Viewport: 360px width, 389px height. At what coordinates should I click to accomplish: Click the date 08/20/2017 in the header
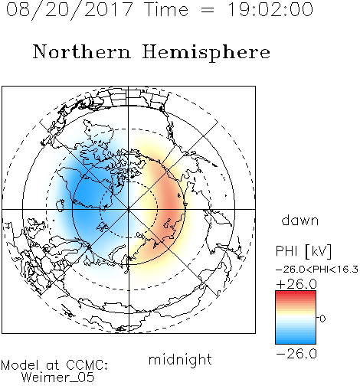point(70,10)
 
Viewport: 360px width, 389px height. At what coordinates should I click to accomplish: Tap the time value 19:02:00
point(270,10)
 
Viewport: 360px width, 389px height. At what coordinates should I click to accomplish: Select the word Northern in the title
point(82,52)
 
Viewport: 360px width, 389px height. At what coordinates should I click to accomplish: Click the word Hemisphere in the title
point(206,52)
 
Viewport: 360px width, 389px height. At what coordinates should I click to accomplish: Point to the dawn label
point(300,220)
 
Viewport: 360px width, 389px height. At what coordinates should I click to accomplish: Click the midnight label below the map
point(180,360)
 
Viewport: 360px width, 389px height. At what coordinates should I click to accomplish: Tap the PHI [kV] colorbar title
point(303,251)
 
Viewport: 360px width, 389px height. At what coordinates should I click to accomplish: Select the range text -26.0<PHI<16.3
point(317,269)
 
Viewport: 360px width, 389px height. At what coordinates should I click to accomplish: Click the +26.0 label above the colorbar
point(296,284)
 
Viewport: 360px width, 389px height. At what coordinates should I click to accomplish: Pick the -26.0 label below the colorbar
point(296,354)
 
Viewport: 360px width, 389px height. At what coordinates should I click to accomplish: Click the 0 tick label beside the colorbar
point(322,319)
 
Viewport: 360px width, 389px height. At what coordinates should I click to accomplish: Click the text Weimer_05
point(58,378)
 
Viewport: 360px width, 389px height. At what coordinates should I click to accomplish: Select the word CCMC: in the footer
point(87,365)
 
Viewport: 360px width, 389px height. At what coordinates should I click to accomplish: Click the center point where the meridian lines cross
point(129,209)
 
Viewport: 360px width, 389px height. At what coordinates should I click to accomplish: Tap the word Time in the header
point(166,9)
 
